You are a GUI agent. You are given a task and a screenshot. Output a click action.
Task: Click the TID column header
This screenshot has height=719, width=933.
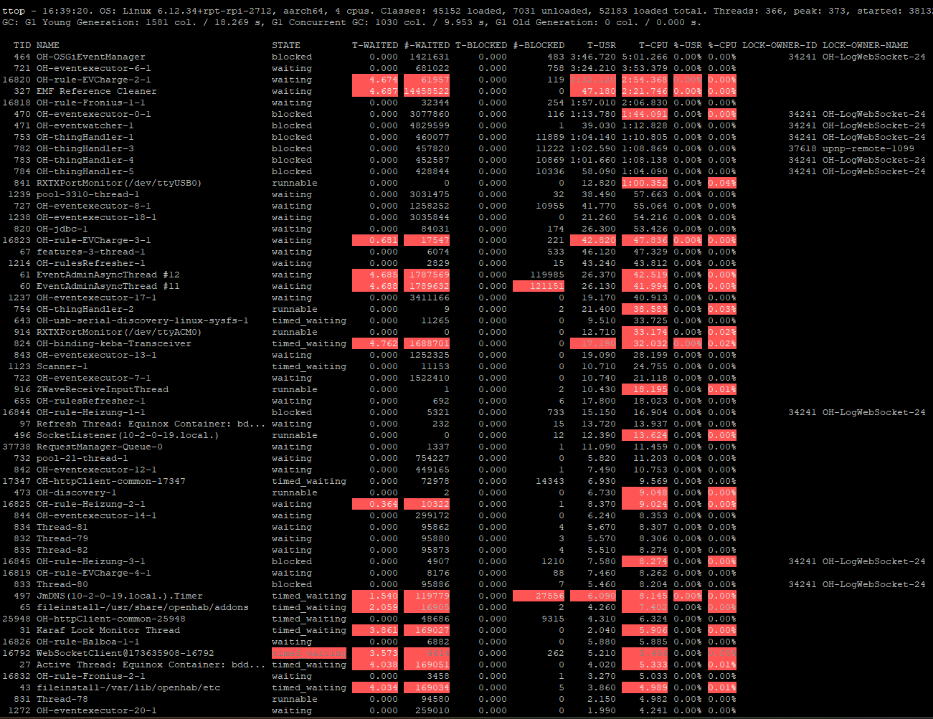[22, 45]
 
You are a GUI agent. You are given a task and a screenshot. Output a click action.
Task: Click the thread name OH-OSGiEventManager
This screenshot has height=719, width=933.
[90, 57]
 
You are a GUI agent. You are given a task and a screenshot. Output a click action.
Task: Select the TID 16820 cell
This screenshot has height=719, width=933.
[16, 80]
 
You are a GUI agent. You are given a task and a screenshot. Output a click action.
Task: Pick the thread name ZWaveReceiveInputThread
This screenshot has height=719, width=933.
[102, 389]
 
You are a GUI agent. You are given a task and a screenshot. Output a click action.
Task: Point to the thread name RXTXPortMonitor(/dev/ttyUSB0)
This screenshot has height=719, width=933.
[119, 183]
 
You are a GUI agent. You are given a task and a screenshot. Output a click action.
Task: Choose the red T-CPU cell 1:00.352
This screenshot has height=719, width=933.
[644, 183]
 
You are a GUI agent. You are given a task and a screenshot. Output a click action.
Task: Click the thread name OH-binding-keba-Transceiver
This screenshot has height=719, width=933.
[113, 343]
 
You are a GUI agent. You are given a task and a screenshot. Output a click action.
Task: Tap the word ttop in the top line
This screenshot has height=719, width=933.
[14, 11]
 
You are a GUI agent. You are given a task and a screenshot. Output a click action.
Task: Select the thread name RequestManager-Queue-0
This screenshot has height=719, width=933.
[99, 447]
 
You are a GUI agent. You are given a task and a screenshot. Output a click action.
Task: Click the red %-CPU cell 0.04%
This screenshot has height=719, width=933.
[721, 183]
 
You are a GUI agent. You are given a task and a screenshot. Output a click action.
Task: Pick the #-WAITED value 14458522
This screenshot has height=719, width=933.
[426, 91]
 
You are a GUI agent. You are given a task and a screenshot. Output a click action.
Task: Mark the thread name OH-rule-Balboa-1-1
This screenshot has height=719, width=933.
[87, 642]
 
